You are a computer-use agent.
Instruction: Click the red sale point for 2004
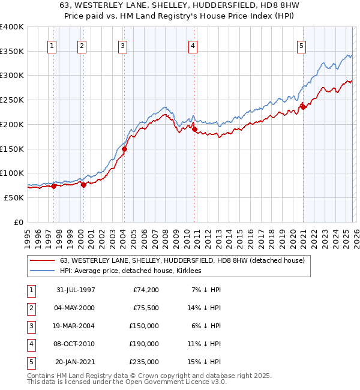(124, 149)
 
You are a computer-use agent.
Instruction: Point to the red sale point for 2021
(303, 108)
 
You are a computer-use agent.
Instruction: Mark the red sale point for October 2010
(195, 128)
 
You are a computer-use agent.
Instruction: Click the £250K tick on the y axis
(12, 100)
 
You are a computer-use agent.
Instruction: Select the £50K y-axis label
(14, 197)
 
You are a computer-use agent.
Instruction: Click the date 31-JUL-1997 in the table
(76, 290)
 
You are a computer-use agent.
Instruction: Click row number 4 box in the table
(30, 344)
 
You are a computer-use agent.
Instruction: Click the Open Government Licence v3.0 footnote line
(127, 382)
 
